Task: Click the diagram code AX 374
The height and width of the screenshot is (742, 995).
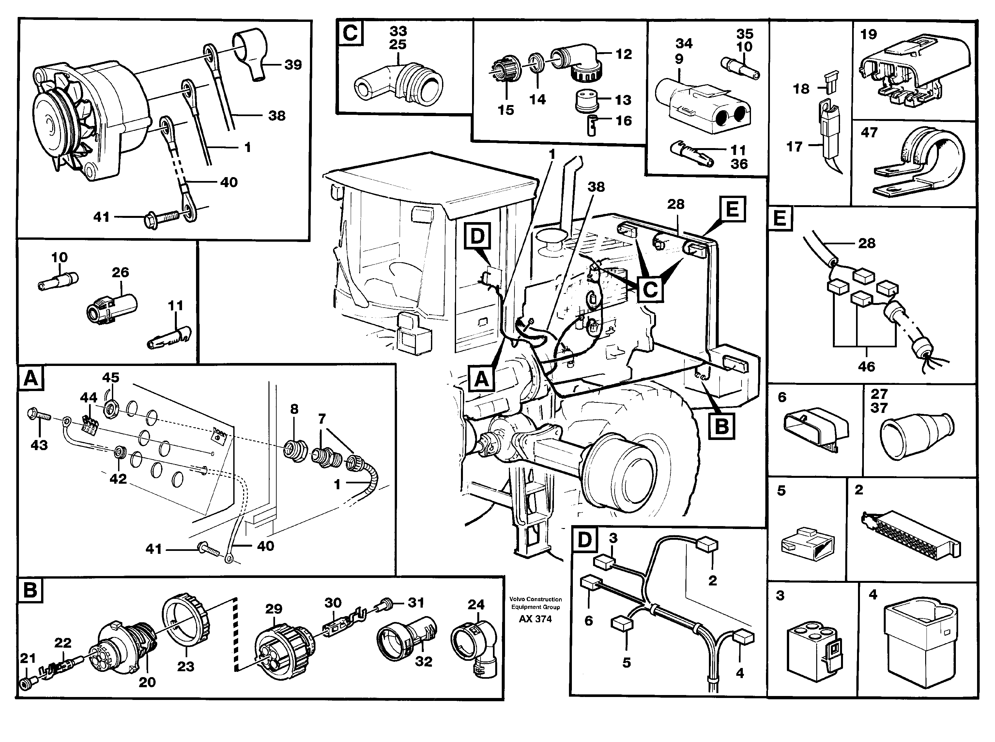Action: [535, 619]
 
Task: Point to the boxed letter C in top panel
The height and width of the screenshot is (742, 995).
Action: [350, 33]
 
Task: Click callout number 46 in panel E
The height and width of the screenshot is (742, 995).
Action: [866, 367]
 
